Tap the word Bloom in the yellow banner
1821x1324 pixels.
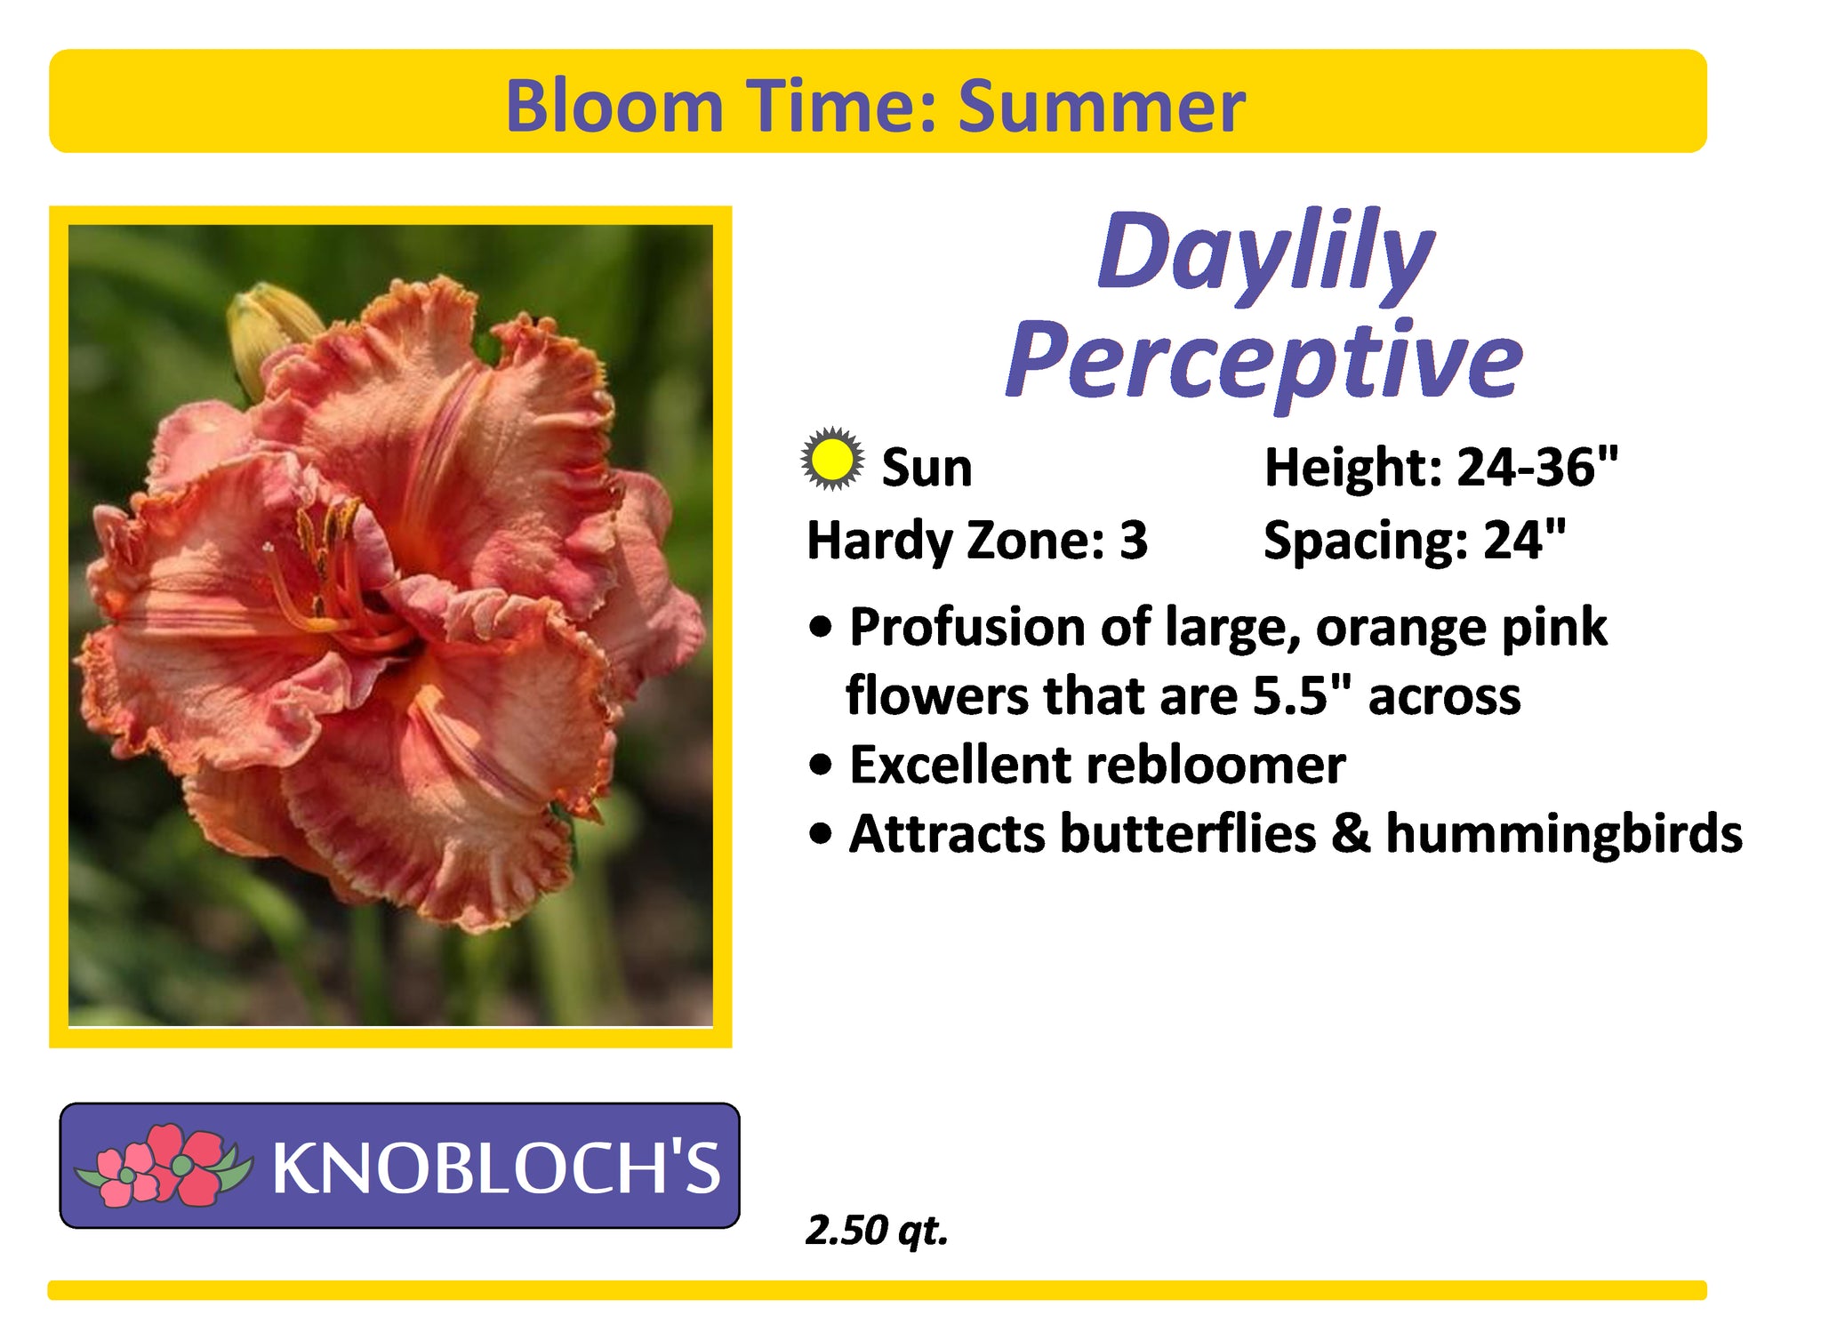[614, 107]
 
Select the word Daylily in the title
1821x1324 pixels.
[1266, 254]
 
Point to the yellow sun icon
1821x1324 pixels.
[831, 460]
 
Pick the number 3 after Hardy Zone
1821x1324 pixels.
[1134, 541]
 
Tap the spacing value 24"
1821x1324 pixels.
[1524, 540]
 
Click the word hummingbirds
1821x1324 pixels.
[1564, 835]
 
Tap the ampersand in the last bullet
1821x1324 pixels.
[1351, 835]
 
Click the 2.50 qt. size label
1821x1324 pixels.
[877, 1231]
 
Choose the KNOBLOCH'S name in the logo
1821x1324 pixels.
[496, 1168]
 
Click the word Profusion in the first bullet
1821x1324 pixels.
[968, 628]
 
